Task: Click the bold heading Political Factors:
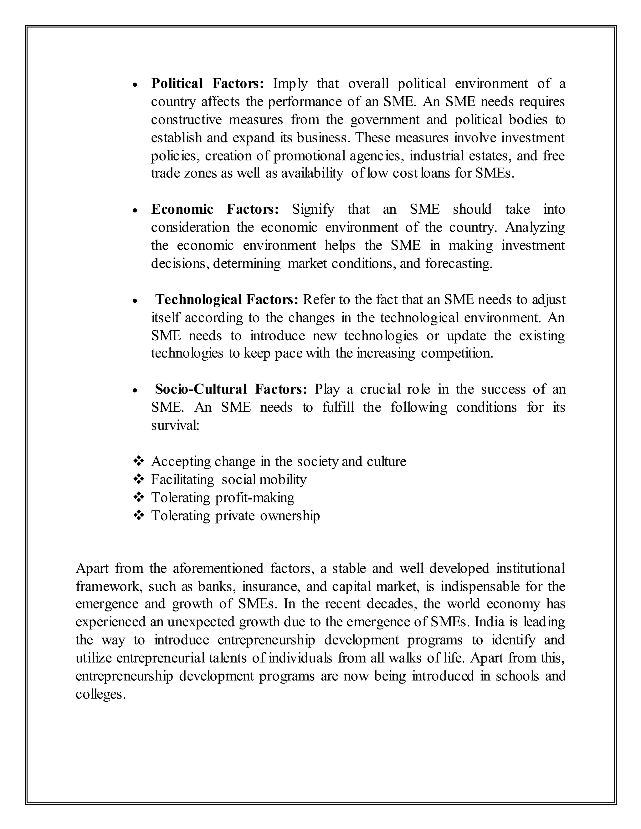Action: click(x=207, y=84)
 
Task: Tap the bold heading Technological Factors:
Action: click(x=227, y=299)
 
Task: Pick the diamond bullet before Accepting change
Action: click(x=139, y=461)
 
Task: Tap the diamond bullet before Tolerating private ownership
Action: click(x=139, y=516)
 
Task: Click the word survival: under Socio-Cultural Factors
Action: click(x=175, y=425)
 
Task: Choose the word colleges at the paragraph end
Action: click(x=100, y=694)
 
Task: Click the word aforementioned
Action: click(x=218, y=569)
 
